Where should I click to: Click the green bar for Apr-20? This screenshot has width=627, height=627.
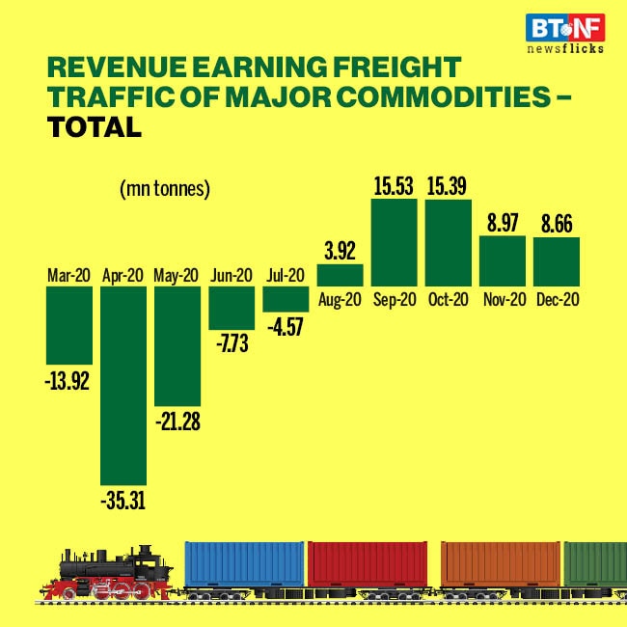tap(123, 385)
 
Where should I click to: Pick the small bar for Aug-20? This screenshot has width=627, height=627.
tap(340, 275)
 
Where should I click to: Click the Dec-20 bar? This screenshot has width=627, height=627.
tap(556, 261)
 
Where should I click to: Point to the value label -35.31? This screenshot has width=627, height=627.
tap(123, 501)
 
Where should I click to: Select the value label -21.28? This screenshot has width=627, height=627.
tap(177, 422)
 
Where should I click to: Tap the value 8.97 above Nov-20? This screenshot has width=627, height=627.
tap(502, 223)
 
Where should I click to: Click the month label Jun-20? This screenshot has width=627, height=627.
tap(232, 276)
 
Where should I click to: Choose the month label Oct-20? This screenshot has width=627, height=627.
tap(448, 299)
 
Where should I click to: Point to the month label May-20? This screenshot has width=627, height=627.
tap(177, 276)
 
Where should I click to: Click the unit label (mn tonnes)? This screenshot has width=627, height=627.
tap(164, 190)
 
